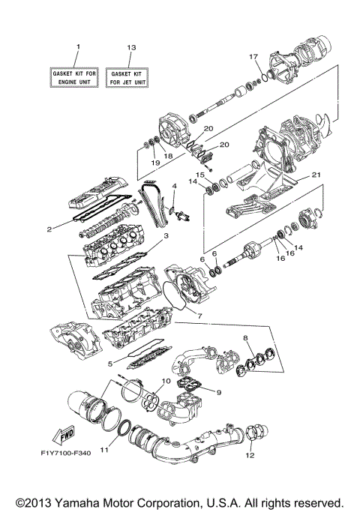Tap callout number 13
[x=131, y=47]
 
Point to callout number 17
[x=253, y=56]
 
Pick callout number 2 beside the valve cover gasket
[x=48, y=229]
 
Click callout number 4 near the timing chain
[x=174, y=184]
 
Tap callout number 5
[x=109, y=365]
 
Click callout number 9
[x=218, y=391]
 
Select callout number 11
[x=104, y=451]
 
